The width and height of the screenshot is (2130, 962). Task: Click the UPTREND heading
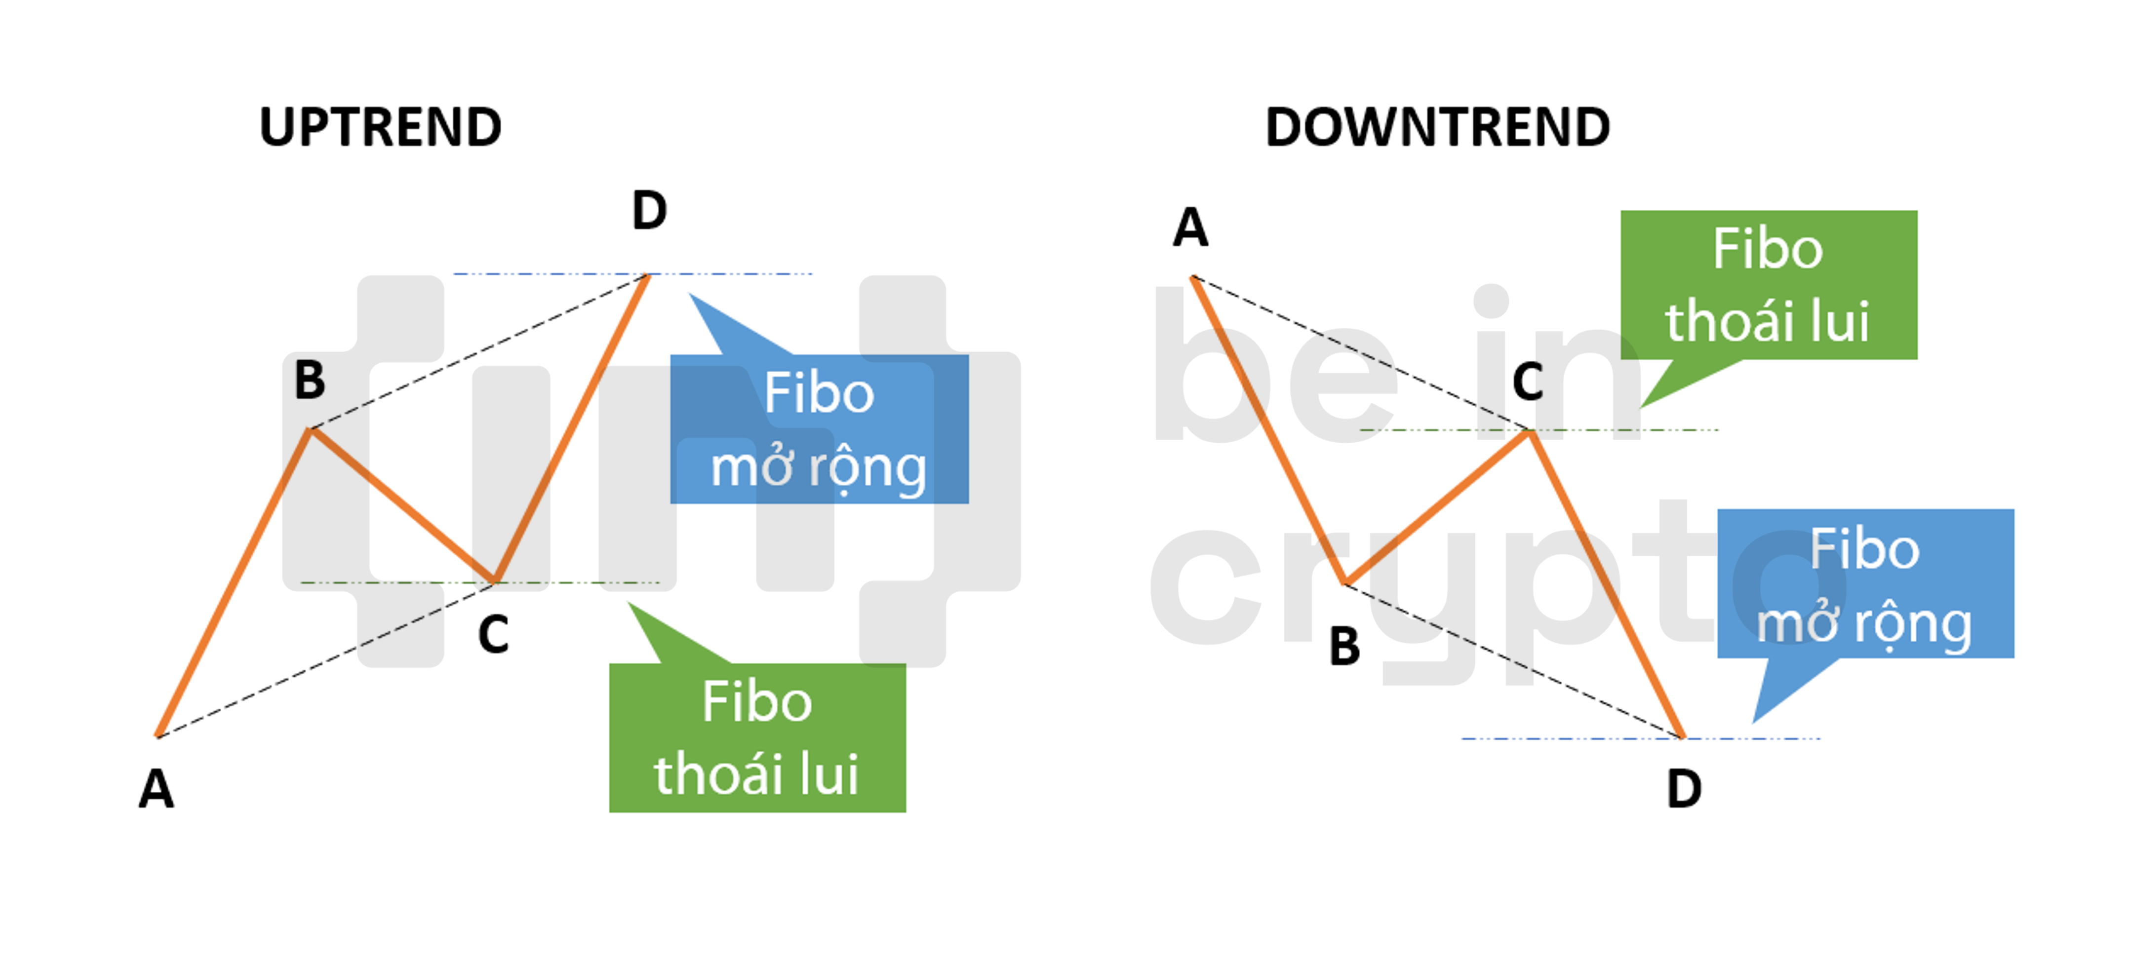click(380, 128)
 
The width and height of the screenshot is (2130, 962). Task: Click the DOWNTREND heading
click(1437, 128)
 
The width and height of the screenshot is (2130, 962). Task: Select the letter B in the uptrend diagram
click(310, 380)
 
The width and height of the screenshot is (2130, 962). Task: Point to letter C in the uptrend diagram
click(494, 635)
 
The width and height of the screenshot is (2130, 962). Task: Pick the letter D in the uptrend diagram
click(649, 211)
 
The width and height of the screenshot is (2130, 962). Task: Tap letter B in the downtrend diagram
click(1344, 646)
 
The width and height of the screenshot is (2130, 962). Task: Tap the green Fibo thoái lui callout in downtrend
click(1768, 285)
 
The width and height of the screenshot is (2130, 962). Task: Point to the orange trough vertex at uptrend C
click(494, 582)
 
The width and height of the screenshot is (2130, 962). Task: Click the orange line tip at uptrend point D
click(647, 276)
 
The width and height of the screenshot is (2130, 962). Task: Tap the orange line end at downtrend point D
click(1681, 735)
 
